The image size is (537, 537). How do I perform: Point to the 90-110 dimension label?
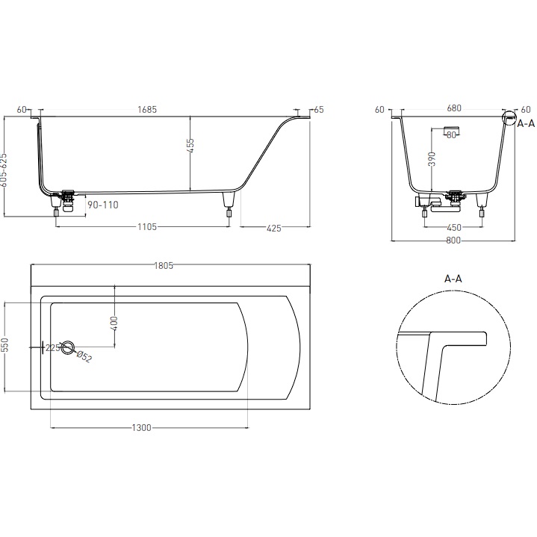[102, 204]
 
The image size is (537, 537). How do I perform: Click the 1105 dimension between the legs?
[146, 227]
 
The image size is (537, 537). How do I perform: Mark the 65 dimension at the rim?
[319, 110]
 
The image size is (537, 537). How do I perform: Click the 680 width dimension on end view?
[453, 108]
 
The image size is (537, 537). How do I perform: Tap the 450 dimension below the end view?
[453, 228]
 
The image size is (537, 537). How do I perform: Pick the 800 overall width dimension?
[453, 240]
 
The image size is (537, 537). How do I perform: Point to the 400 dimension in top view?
[114, 323]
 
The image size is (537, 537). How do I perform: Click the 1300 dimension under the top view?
[142, 427]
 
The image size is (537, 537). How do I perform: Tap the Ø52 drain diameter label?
[84, 358]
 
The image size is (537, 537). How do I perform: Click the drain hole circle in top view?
[68, 347]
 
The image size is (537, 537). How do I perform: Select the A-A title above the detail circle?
[453, 278]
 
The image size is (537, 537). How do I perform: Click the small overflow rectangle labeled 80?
[450, 135]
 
